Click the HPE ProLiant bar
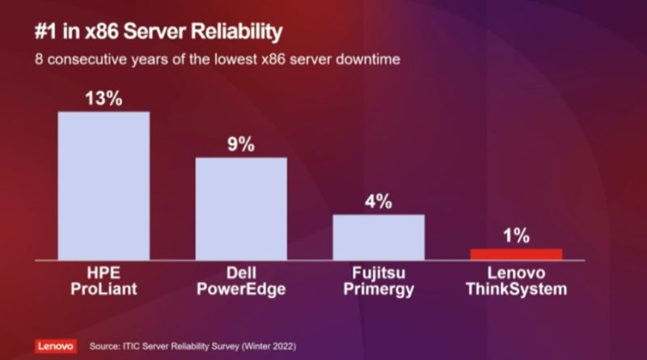[104, 185]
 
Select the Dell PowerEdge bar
[241, 208]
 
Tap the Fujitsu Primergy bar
[378, 236]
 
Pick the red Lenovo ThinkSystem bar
[516, 254]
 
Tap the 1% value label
[516, 236]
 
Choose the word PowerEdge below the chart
[241, 289]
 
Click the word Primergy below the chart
[378, 289]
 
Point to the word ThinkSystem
[516, 289]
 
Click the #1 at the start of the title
[44, 32]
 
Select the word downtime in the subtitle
[367, 60]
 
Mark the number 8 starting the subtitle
[38, 60]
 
